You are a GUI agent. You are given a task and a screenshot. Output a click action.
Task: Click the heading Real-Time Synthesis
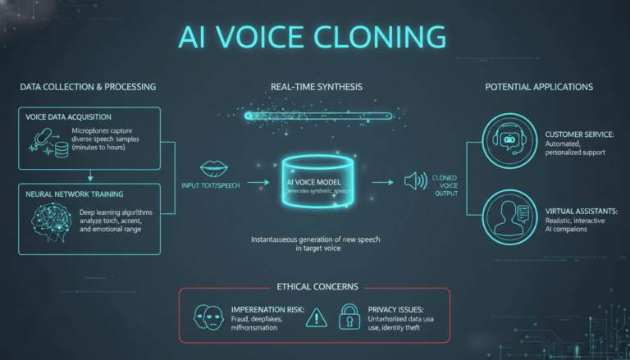pyautogui.click(x=316, y=86)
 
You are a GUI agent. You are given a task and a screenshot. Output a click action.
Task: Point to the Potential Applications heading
pyautogui.click(x=538, y=86)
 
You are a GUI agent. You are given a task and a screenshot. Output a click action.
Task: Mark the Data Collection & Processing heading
pyautogui.click(x=85, y=86)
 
